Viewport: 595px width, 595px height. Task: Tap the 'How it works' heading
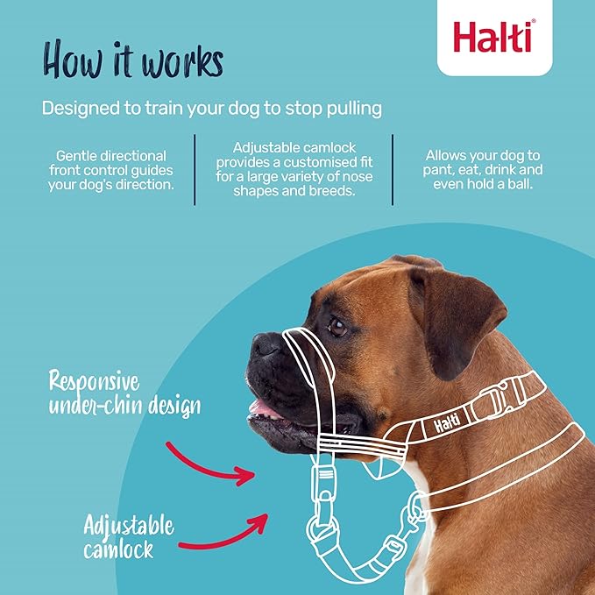(x=133, y=60)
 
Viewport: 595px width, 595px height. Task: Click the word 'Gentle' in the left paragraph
(x=76, y=156)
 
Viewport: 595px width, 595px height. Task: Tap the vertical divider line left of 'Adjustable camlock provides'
(x=195, y=170)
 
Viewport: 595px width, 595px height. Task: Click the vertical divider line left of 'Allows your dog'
(x=393, y=170)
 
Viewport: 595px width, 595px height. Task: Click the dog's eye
(x=337, y=326)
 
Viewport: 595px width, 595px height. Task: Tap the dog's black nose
(x=266, y=345)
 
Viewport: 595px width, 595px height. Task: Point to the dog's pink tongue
(x=263, y=409)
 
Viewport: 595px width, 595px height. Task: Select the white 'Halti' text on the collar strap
(x=447, y=422)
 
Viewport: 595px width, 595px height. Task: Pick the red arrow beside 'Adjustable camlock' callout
(x=224, y=534)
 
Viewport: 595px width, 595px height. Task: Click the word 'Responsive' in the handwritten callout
(x=94, y=381)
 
